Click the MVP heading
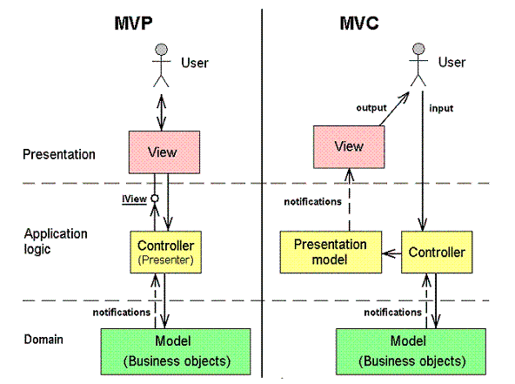[x=133, y=24]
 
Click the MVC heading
[x=359, y=24]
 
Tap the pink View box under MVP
[x=164, y=152]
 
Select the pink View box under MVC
[x=349, y=147]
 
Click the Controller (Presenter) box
[x=166, y=253]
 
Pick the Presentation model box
[x=331, y=253]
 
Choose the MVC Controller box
[x=437, y=253]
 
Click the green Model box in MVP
[x=176, y=352]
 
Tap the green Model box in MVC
[x=411, y=352]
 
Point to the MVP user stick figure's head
[x=161, y=50]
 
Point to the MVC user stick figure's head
[x=418, y=49]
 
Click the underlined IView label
[x=134, y=199]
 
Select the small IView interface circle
[x=155, y=199]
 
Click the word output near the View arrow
[x=371, y=108]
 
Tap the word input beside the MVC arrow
[x=441, y=108]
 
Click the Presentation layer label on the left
[x=59, y=154]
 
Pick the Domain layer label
[x=43, y=340]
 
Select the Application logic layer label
[x=56, y=241]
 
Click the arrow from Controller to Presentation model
[x=391, y=253]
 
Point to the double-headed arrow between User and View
[x=161, y=113]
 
